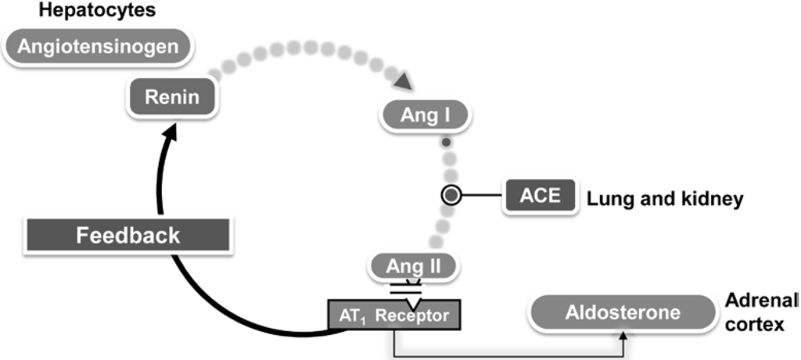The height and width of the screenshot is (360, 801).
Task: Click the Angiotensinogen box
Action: click(99, 46)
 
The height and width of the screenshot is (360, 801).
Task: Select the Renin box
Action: click(171, 98)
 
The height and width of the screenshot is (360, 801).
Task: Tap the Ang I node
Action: click(425, 115)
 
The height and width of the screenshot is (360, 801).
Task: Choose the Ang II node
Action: click(414, 267)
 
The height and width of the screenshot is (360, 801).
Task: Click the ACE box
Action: click(541, 194)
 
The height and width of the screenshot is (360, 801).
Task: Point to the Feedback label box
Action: click(128, 235)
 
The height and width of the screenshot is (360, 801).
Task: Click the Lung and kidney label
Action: click(664, 200)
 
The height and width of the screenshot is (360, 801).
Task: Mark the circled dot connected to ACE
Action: click(451, 195)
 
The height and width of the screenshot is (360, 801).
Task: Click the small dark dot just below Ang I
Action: click(445, 143)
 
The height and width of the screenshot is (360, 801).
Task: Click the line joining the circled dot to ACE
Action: click(481, 195)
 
